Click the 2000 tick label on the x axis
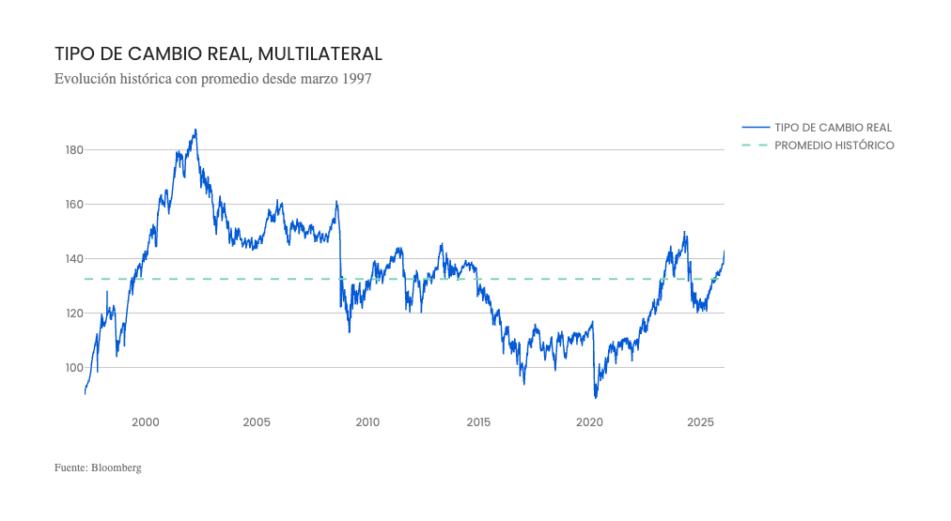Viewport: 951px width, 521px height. [x=146, y=422]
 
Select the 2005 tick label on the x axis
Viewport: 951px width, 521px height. [x=257, y=422]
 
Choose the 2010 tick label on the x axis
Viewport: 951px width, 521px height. [x=367, y=422]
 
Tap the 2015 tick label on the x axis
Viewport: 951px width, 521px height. [x=478, y=422]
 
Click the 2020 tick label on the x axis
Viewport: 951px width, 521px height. [x=589, y=422]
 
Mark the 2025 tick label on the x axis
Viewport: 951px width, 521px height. [x=700, y=422]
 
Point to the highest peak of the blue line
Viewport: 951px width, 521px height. [x=195, y=130]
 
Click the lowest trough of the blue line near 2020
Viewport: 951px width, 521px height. [x=596, y=398]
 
